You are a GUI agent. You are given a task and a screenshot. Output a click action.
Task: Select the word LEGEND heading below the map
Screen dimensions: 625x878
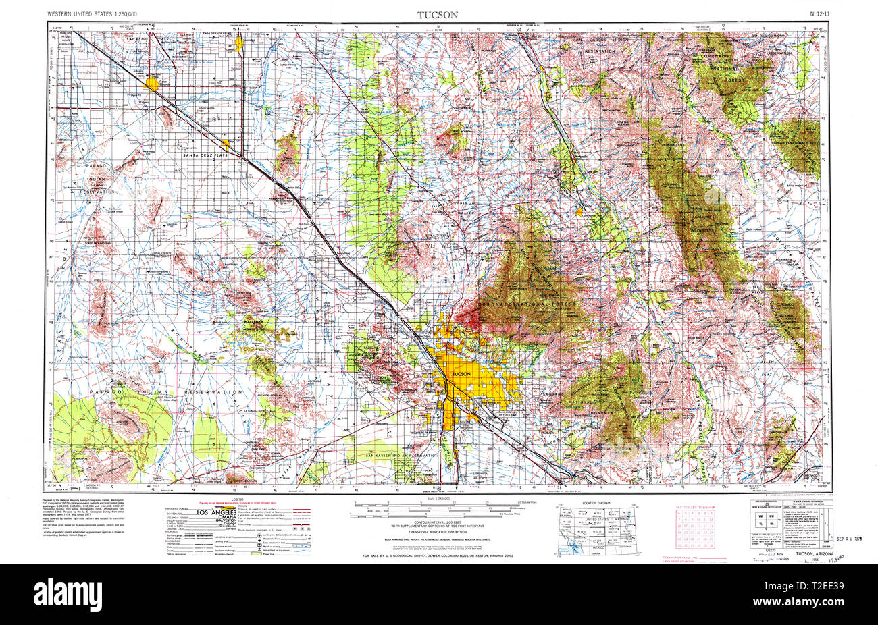(237, 499)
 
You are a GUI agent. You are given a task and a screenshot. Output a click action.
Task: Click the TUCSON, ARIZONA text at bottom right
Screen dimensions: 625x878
(815, 554)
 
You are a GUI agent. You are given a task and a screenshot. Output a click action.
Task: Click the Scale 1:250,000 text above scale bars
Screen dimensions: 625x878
(437, 499)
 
